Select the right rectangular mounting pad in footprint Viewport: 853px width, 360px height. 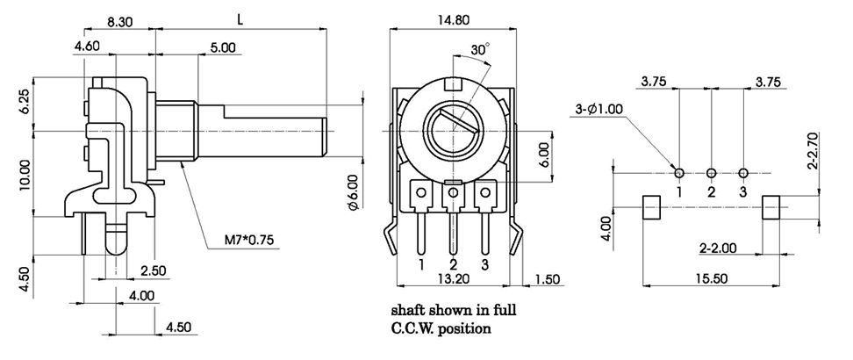point(771,208)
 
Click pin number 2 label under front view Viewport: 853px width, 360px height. point(454,264)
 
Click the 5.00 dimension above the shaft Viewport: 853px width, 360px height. point(222,49)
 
